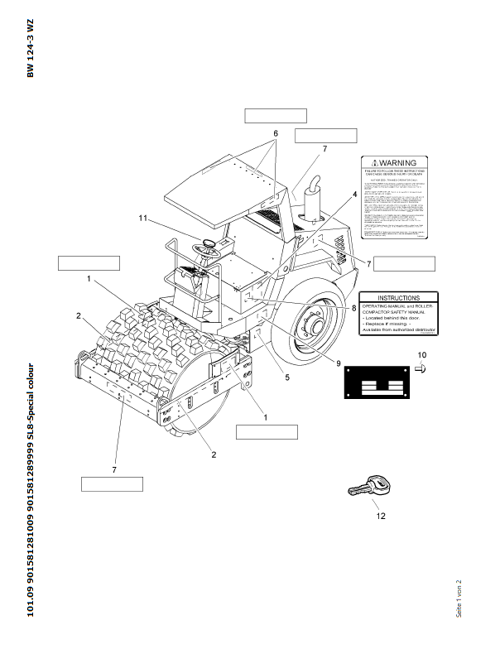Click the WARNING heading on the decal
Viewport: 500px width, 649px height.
397,164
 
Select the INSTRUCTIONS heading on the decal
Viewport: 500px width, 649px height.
398,298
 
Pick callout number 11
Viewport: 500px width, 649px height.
142,219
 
